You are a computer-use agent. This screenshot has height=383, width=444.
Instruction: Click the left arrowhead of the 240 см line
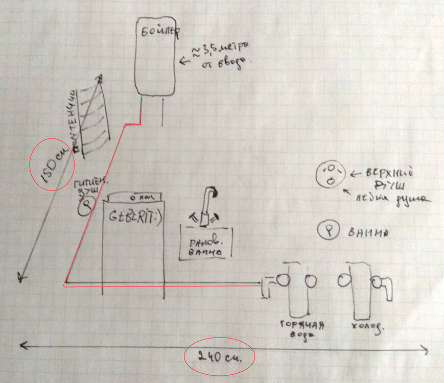23,346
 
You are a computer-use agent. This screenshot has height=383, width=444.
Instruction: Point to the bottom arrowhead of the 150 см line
21,277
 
